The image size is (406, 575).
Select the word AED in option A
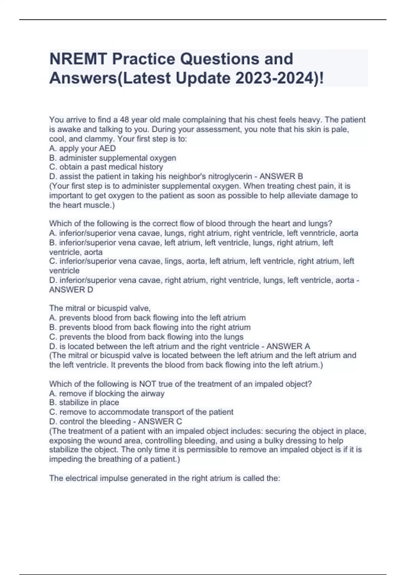[x=107, y=148]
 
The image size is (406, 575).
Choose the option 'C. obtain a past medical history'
[x=106, y=167]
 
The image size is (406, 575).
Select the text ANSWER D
[x=71, y=290]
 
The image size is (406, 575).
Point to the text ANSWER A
[x=288, y=346]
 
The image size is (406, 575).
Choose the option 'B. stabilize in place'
[x=84, y=402]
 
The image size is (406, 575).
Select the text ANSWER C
[x=160, y=421]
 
